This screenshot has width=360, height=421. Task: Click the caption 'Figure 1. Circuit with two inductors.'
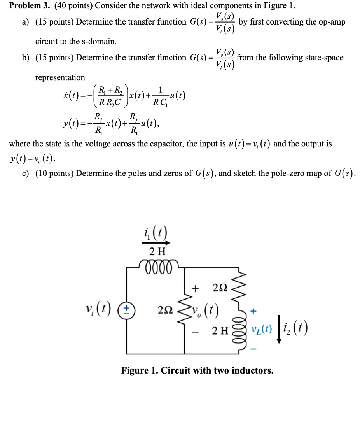point(197,370)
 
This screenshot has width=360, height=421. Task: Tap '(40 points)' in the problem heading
point(74,6)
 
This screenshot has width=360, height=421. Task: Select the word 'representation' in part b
point(60,77)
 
